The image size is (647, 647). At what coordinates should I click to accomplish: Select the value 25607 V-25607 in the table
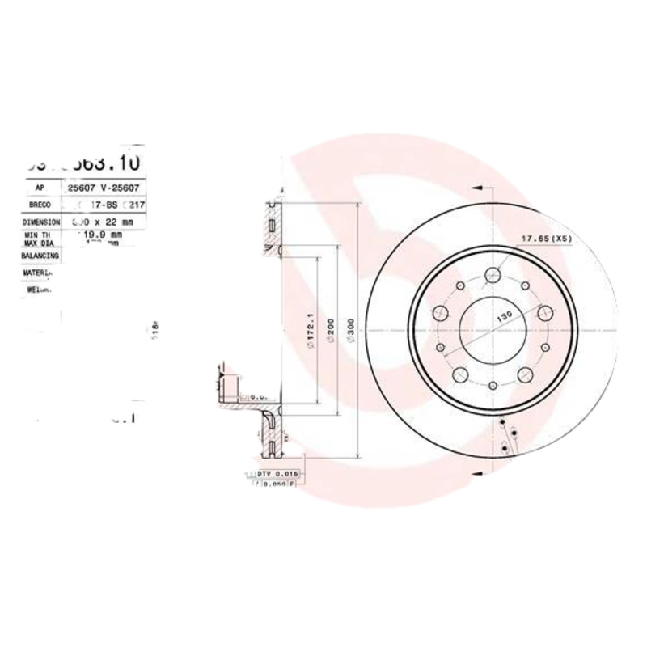coord(103,188)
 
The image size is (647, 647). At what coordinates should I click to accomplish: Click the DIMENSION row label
coord(41,222)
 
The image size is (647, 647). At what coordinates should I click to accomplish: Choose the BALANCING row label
coord(40,255)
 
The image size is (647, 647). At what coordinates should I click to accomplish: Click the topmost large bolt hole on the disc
coord(492,277)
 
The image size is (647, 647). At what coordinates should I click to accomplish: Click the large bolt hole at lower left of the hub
coord(460,374)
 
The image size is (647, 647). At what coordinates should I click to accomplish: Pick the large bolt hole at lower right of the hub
coord(524,374)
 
